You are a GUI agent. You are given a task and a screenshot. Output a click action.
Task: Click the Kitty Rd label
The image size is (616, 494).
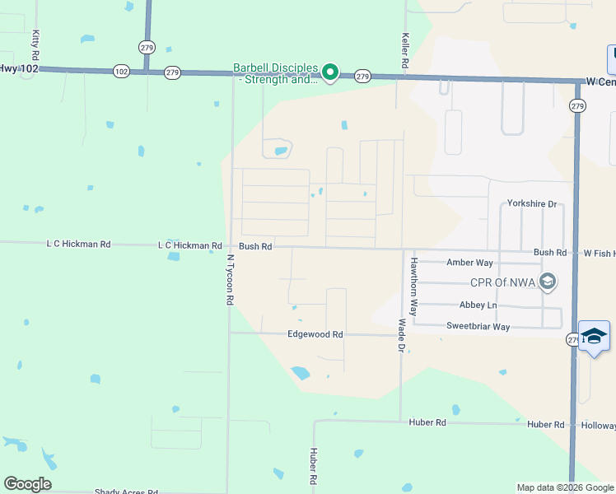[x=35, y=44]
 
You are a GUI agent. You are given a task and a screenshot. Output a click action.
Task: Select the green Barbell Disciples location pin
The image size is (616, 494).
[x=330, y=73]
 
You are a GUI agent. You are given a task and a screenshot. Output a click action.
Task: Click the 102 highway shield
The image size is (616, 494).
[x=121, y=72]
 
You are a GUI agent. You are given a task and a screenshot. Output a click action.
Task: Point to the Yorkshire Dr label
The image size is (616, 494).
[x=532, y=203]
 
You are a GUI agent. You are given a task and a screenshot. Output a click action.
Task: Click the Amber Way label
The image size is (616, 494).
[x=469, y=263]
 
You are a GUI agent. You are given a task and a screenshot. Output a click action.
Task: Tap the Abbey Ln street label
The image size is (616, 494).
[x=478, y=305]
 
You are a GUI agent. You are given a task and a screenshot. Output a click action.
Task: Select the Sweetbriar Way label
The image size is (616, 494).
[x=478, y=327]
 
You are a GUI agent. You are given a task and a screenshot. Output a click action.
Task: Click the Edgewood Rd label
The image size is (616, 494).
[x=315, y=334]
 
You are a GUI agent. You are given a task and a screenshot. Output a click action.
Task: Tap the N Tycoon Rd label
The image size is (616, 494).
[x=231, y=280]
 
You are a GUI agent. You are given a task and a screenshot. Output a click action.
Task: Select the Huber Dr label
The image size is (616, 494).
[x=314, y=466]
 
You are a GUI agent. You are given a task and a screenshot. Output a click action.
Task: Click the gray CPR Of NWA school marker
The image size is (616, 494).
[x=548, y=282]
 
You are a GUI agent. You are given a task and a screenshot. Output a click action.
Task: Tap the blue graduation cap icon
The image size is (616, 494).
[x=594, y=336]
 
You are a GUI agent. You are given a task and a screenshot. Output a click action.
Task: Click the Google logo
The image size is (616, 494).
[x=27, y=484]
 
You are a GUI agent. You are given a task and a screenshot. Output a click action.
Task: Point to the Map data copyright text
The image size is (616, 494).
[x=566, y=487]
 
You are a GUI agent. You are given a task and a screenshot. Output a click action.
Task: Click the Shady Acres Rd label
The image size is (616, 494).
[x=126, y=492]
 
